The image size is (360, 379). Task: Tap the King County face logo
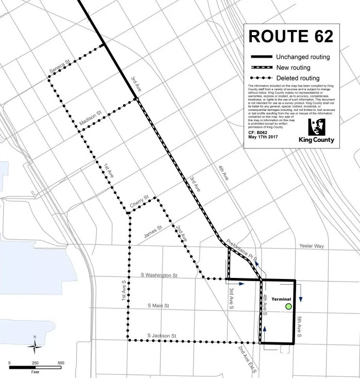point(316,127)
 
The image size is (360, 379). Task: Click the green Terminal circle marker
point(288,307)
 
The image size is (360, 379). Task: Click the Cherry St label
point(139,202)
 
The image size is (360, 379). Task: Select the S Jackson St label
point(162,336)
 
